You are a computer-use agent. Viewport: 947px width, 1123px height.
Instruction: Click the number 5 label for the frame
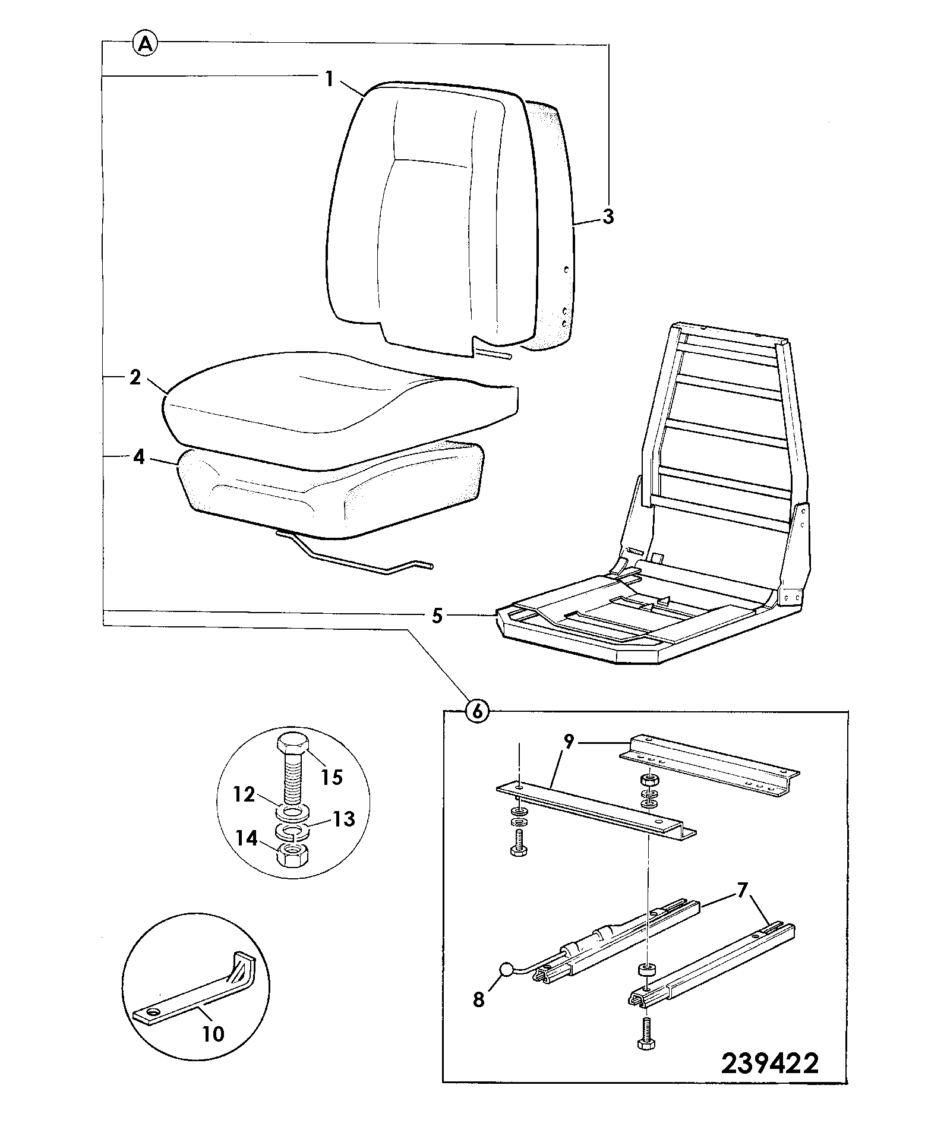point(437,616)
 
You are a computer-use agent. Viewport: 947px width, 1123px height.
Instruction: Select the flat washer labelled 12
point(292,812)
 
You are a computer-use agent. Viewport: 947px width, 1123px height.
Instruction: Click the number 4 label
point(138,458)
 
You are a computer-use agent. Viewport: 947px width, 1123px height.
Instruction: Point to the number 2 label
point(135,377)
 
